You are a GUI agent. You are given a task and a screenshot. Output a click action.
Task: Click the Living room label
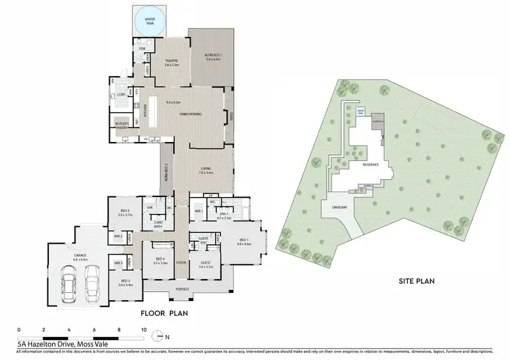(206, 170)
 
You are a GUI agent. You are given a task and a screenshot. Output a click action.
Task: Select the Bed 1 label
(243, 241)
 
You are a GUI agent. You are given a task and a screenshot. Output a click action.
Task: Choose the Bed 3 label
(126, 283)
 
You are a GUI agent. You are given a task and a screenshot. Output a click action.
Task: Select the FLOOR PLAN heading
(164, 313)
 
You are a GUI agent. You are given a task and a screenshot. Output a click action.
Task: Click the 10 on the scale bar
(143, 329)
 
